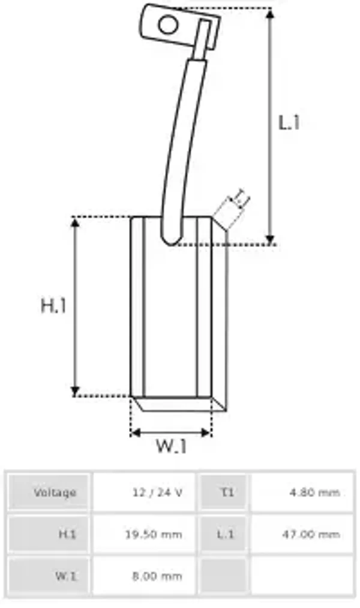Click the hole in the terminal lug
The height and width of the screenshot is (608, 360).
click(169, 25)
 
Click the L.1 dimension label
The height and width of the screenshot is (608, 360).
click(289, 123)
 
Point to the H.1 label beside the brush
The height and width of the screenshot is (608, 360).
click(53, 305)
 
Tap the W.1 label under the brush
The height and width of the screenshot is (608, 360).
click(172, 446)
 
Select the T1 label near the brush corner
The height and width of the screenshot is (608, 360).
click(239, 197)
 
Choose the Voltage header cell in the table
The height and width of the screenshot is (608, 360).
click(55, 492)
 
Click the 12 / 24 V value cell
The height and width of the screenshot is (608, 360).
click(157, 492)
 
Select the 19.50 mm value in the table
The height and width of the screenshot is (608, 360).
click(154, 534)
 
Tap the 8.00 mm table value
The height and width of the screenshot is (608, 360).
click(157, 576)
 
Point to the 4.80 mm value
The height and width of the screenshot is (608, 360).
click(314, 492)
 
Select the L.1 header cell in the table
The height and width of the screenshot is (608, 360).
click(225, 534)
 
